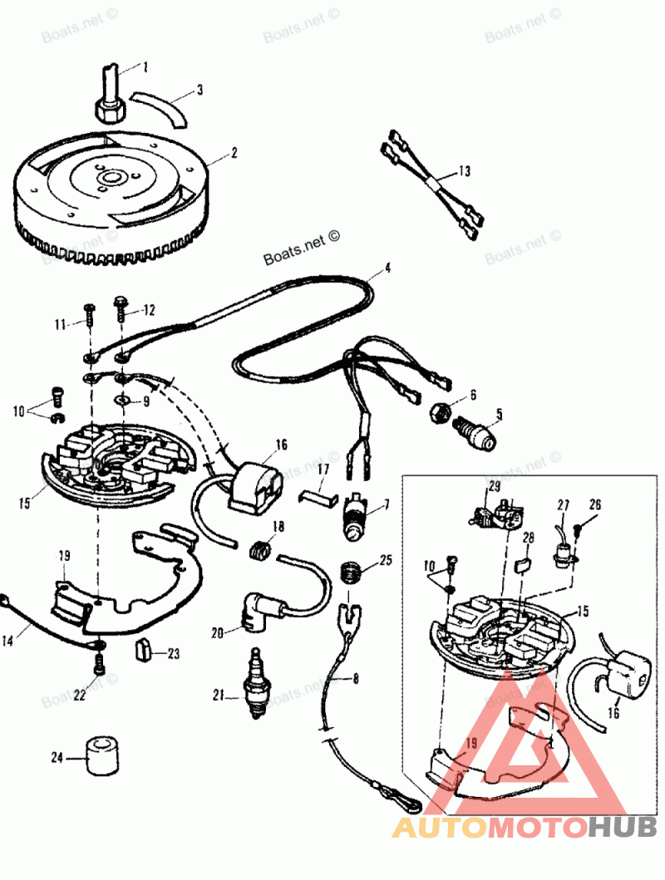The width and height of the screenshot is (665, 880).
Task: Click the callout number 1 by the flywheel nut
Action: tap(146, 66)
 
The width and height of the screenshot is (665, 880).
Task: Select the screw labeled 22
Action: tap(100, 663)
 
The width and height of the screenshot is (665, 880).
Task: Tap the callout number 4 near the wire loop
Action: tap(387, 269)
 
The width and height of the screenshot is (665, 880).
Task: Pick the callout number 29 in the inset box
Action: tap(494, 485)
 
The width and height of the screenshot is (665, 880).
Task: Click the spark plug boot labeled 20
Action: tap(254, 613)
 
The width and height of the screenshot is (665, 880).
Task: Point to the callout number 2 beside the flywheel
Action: tap(234, 153)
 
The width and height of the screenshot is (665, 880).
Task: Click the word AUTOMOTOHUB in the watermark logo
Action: tap(524, 826)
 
